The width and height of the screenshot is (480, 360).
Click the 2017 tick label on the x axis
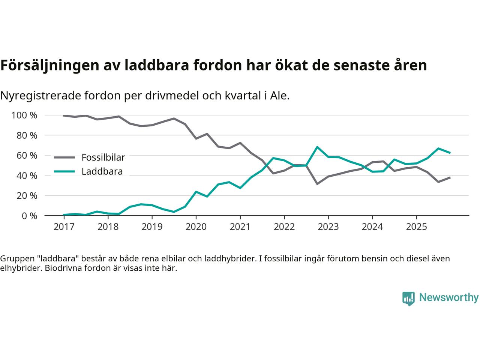(64, 227)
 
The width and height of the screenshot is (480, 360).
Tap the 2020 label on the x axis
(196, 227)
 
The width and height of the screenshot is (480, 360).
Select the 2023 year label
(328, 227)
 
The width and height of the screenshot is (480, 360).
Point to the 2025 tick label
(416, 227)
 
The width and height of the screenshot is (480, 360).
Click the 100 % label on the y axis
(24, 115)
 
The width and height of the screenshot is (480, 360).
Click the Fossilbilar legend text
(103, 157)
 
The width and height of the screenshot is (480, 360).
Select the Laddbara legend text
(102, 172)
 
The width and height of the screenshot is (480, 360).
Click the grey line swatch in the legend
(64, 157)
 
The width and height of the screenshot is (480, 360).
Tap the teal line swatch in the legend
(64, 172)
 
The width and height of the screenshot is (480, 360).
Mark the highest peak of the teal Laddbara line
(317, 147)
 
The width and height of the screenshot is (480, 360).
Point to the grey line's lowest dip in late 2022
(317, 184)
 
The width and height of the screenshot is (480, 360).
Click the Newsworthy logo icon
(408, 298)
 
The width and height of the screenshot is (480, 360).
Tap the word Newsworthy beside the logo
(448, 298)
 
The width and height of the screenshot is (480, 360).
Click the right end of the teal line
(450, 153)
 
